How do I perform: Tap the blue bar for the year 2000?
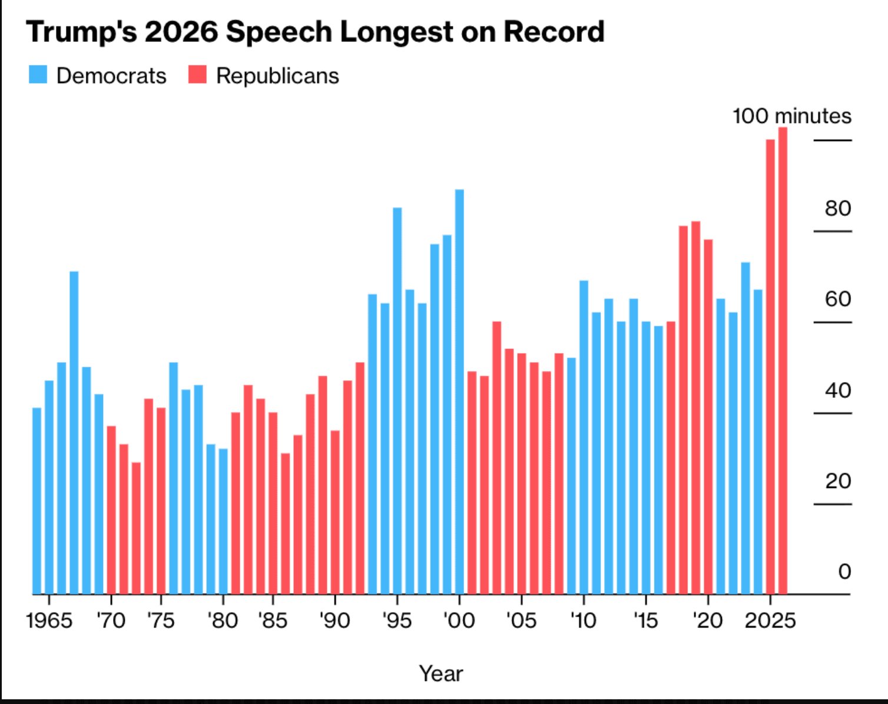click(459, 391)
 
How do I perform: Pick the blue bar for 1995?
click(397, 400)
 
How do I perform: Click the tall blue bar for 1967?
click(74, 433)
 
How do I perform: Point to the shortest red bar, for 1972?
click(136, 528)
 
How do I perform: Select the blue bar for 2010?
click(584, 437)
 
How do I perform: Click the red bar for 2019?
click(695, 407)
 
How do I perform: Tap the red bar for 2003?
click(496, 457)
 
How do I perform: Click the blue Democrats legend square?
click(38, 75)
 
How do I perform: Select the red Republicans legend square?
click(198, 75)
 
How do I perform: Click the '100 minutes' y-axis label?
click(791, 116)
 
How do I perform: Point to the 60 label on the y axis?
click(837, 299)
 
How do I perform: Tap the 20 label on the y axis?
click(837, 481)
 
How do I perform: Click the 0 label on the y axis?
click(844, 572)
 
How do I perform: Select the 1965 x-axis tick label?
click(49, 620)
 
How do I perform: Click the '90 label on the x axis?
click(334, 620)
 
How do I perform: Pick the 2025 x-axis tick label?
click(770, 620)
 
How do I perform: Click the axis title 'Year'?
click(440, 673)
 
